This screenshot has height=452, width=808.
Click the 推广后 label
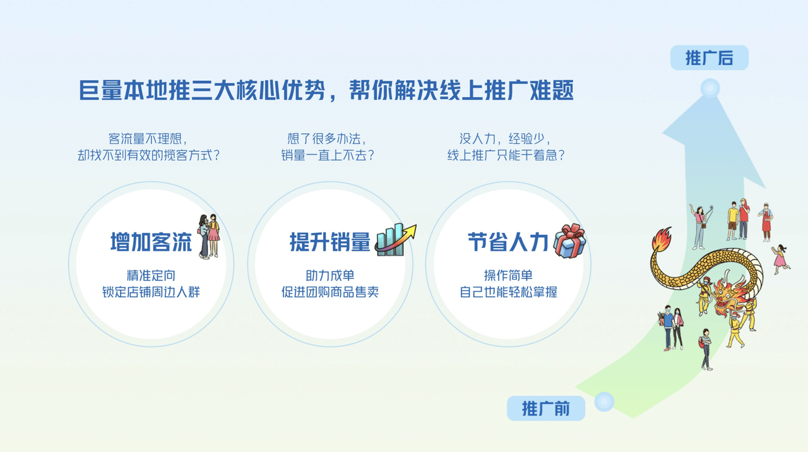coord(709,57)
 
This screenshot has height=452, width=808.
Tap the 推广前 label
coord(546,408)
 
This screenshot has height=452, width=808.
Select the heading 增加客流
coord(151,242)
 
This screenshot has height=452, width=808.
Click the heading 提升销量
coord(330,242)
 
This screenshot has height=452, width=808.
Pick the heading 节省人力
coord(508,242)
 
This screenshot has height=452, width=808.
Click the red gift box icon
coord(570,241)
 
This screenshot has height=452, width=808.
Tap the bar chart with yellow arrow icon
coord(395,239)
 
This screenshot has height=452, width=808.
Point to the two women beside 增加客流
coord(208,236)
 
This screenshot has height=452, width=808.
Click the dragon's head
coord(728,294)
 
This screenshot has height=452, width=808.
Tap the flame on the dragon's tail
coord(662,239)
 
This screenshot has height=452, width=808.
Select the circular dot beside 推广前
coord(604,401)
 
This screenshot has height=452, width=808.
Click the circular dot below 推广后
coord(710,88)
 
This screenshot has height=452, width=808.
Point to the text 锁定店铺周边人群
coord(151,292)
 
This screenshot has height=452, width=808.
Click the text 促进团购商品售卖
coord(330,292)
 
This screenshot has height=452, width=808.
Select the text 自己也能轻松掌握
coord(508,292)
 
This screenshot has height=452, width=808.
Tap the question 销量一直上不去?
coord(328,155)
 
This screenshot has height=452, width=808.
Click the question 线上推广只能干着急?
coord(506,155)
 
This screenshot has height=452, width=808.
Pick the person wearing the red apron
coord(766,222)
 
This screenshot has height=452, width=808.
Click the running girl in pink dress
coord(780,259)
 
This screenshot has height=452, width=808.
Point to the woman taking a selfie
coord(701,227)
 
